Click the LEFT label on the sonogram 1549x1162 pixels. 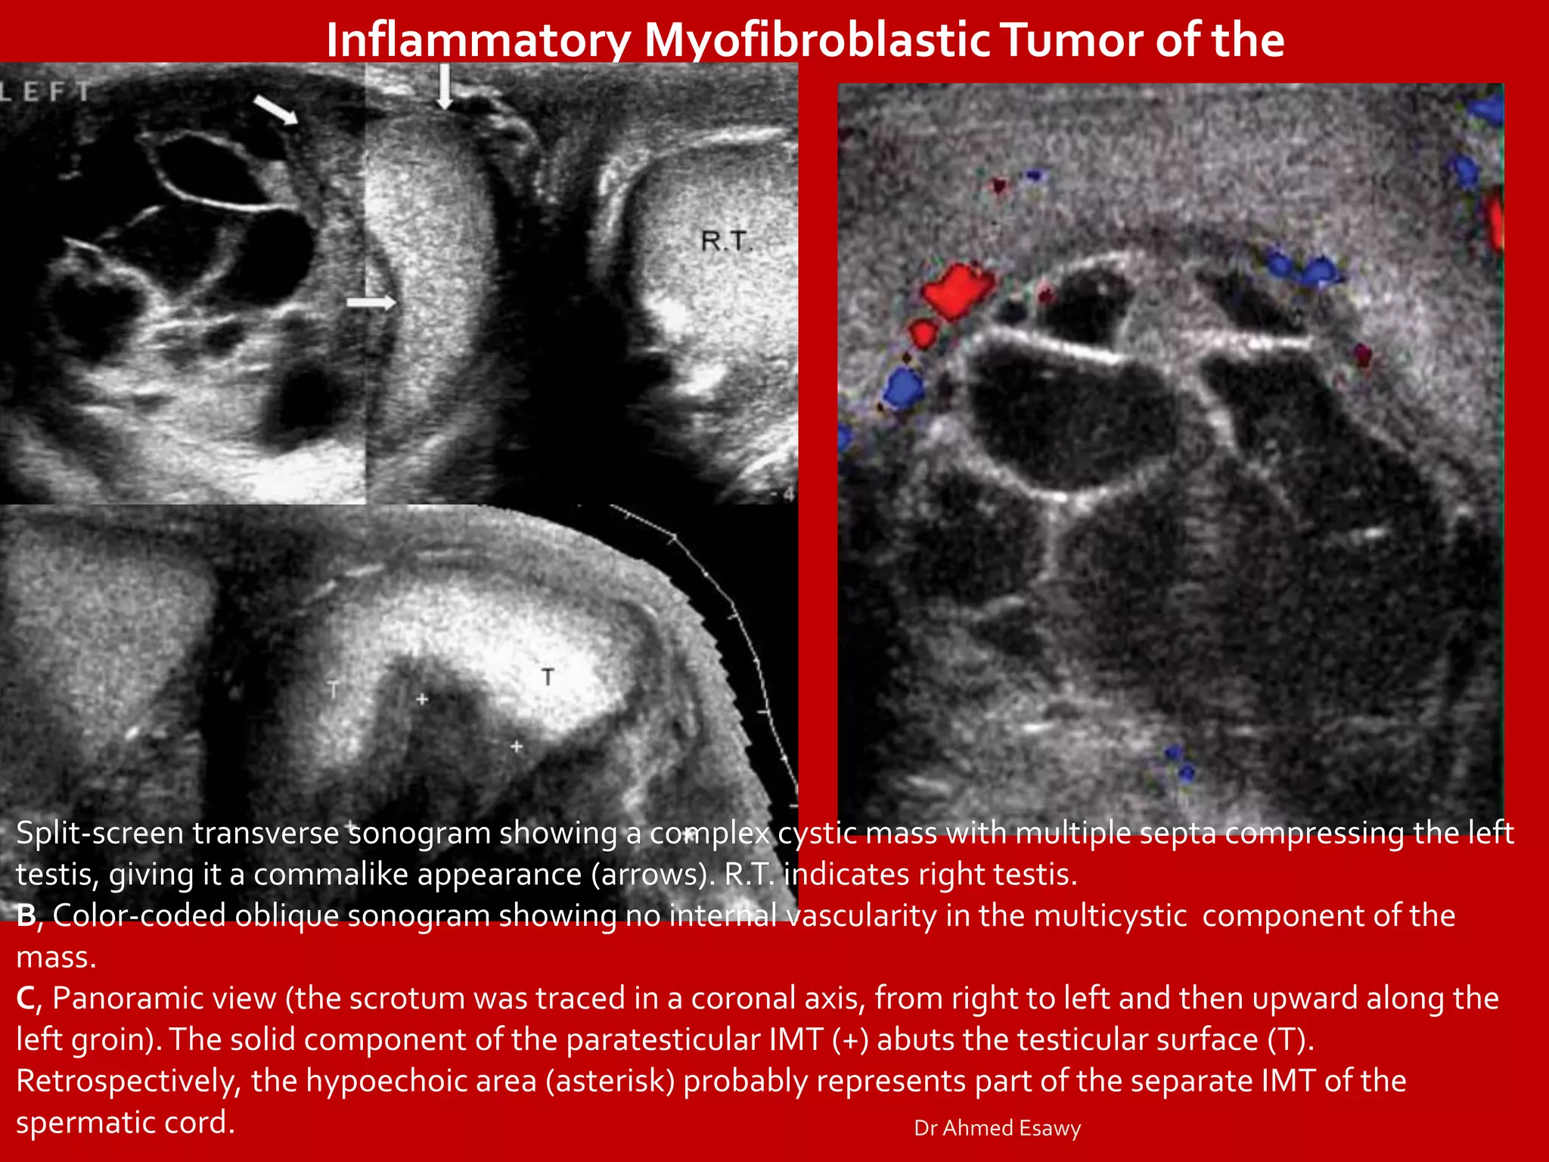(45, 92)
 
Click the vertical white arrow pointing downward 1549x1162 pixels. (445, 85)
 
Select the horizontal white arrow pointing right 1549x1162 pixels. (371, 303)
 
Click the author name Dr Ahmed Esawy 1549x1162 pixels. (997, 1128)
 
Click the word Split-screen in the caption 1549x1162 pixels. (100, 833)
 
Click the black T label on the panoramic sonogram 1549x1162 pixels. (548, 676)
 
